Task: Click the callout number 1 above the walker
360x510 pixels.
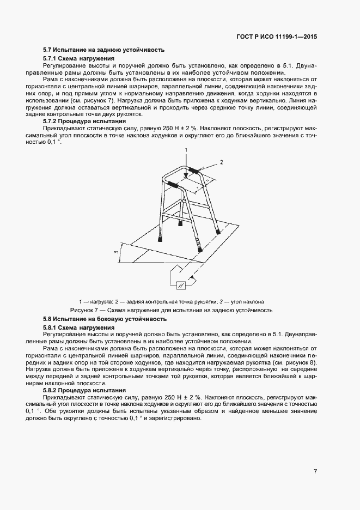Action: tap(185, 149)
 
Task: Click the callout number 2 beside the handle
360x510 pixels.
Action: tap(222, 162)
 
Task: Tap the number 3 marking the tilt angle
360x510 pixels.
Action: tap(116, 252)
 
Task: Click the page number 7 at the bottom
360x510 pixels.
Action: tap(315, 471)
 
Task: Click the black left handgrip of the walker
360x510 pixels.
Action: tap(173, 185)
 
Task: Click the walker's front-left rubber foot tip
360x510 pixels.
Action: tap(161, 238)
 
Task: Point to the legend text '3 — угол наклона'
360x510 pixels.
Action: tap(241, 301)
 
